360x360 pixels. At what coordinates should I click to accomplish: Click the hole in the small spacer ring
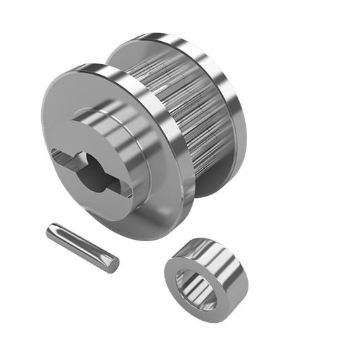pyautogui.click(x=196, y=288)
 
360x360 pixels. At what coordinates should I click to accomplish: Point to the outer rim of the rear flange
pyautogui.click(x=230, y=88)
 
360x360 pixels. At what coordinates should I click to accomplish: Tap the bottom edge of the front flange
pyautogui.click(x=142, y=234)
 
